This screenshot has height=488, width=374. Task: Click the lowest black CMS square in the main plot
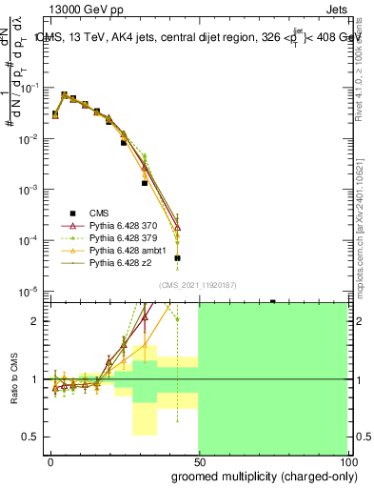(178, 258)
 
